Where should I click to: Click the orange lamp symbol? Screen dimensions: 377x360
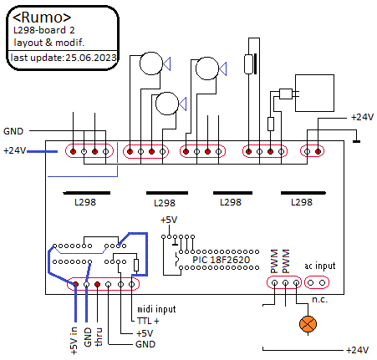click(x=308, y=324)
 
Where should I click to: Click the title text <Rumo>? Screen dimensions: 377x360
click(x=42, y=18)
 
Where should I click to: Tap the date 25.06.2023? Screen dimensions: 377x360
click(x=91, y=58)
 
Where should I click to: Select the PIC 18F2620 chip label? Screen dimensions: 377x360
click(x=221, y=260)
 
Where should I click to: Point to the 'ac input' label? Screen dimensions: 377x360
click(x=320, y=266)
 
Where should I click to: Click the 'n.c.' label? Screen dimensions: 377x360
click(x=319, y=299)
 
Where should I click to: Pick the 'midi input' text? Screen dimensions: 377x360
click(x=156, y=309)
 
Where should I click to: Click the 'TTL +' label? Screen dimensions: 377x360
click(x=148, y=321)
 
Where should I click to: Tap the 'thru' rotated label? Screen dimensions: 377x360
click(x=99, y=337)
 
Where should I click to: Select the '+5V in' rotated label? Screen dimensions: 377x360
click(x=74, y=341)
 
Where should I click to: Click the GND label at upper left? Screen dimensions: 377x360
click(x=13, y=131)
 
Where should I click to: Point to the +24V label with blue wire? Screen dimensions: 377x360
click(x=14, y=150)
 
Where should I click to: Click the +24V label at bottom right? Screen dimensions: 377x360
click(x=358, y=350)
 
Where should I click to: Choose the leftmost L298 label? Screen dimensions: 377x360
click(x=85, y=202)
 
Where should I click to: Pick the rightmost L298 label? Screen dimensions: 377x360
click(x=302, y=202)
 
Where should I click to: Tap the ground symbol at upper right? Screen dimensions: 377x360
click(x=356, y=141)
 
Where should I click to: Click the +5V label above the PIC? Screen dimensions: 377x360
click(x=169, y=220)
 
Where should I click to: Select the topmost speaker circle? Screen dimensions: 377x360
click(x=151, y=63)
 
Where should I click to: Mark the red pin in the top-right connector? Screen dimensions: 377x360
click(x=318, y=151)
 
